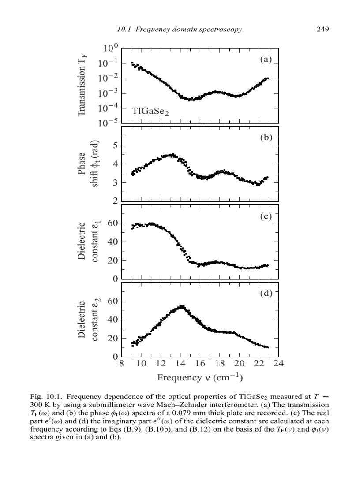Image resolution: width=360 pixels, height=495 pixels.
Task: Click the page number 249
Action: click(323, 30)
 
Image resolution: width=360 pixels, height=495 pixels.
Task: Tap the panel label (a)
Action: click(266, 60)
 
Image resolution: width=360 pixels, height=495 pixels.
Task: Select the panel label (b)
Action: click(266, 137)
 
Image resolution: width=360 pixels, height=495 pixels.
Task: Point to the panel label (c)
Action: click(266, 216)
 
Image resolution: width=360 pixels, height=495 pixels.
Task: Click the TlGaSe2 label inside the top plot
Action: click(150, 112)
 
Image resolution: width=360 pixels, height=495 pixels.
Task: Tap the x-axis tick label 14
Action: click(180, 364)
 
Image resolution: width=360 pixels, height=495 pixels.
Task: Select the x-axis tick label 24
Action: click(278, 364)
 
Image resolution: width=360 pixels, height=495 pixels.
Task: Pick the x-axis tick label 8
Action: click(121, 364)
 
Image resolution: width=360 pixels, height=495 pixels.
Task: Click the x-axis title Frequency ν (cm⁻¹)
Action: click(200, 378)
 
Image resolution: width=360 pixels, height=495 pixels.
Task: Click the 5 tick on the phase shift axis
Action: click(115, 145)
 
